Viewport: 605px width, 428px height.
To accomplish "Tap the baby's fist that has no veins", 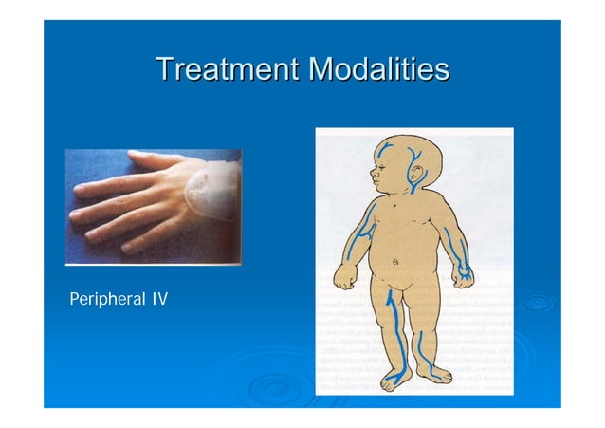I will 343,278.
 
